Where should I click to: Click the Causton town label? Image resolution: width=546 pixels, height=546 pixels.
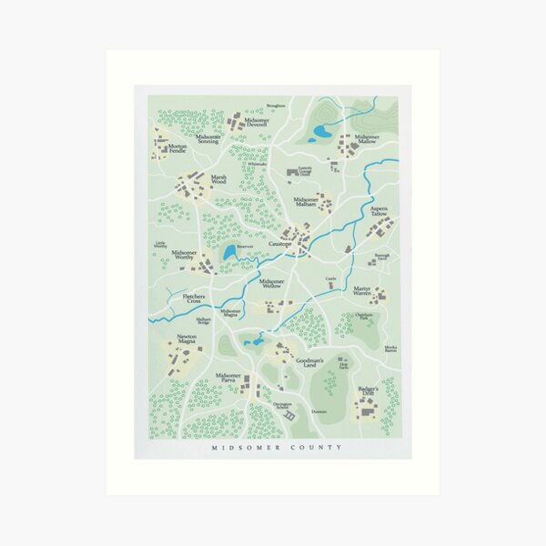pos(279,245)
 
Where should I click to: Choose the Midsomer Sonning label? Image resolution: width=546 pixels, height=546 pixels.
pos(201,139)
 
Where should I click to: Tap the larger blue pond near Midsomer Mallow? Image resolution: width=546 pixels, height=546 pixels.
pos(321,134)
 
